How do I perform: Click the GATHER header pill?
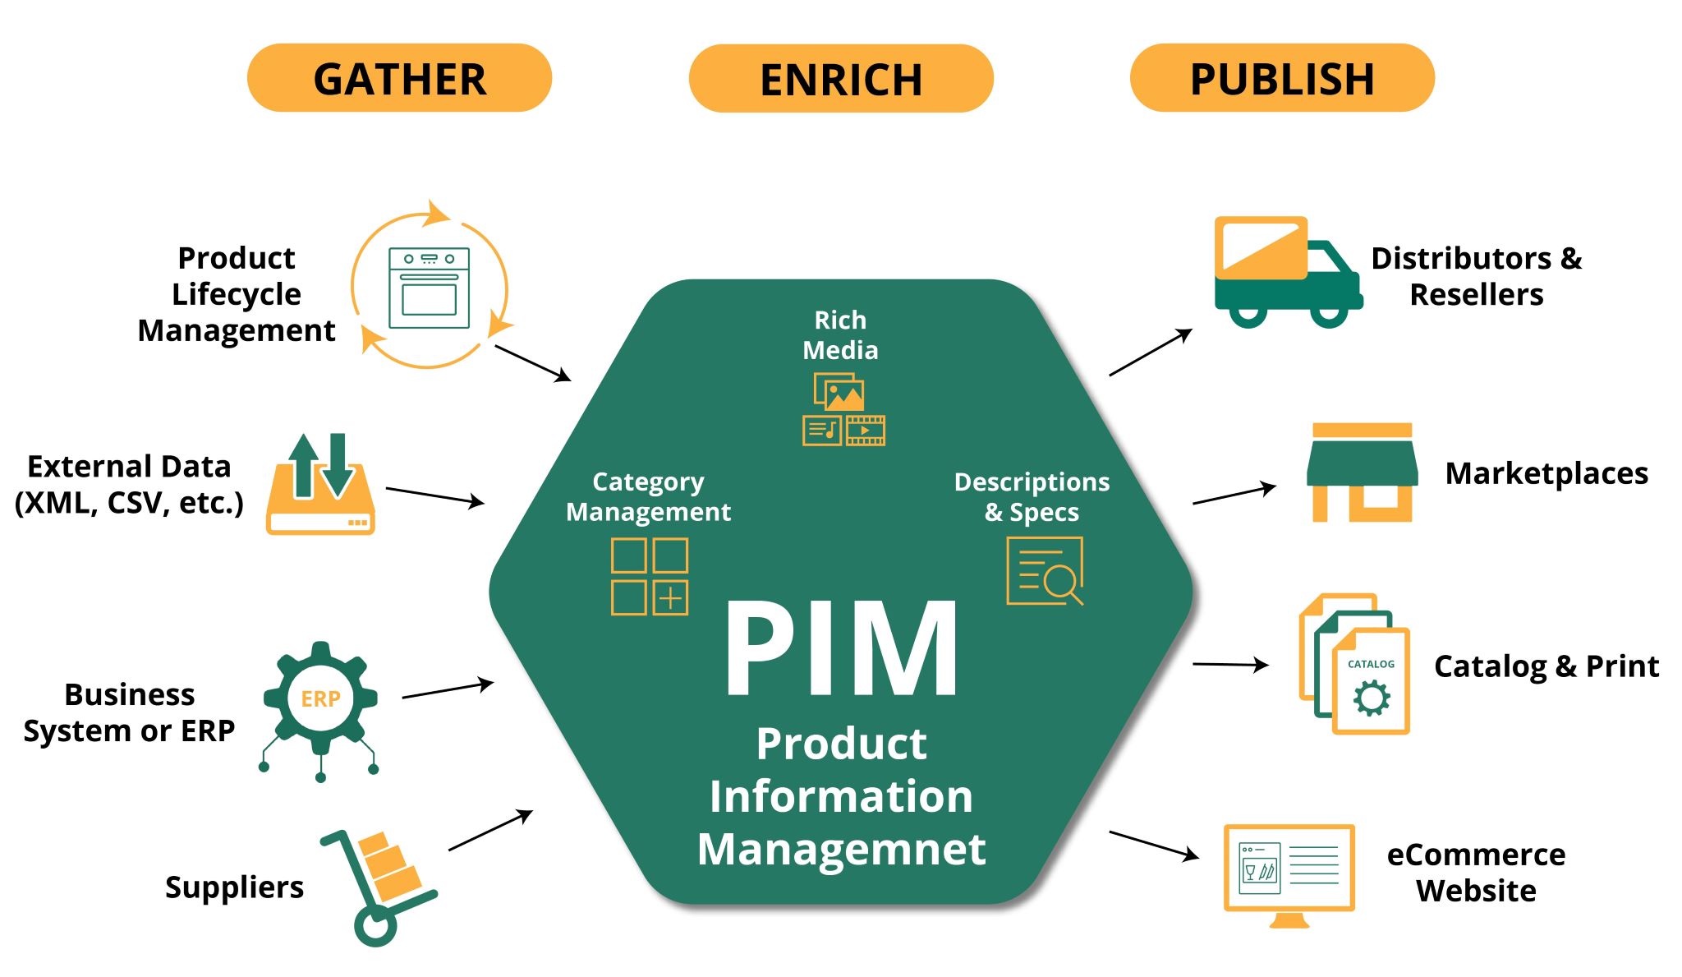(x=399, y=78)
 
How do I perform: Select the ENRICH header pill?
(x=841, y=78)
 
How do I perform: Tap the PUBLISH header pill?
(x=1282, y=78)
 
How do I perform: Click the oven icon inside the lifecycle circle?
(x=429, y=288)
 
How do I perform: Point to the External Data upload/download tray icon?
(x=320, y=485)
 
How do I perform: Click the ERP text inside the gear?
(x=320, y=698)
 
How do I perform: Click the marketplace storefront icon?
(x=1362, y=472)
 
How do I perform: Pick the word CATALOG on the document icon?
(x=1371, y=664)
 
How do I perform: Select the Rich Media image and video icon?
(x=843, y=409)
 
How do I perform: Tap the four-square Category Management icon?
(x=650, y=576)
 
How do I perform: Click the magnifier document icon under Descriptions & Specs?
(x=1045, y=570)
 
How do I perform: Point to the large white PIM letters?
(x=841, y=649)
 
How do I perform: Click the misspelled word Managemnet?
(x=841, y=849)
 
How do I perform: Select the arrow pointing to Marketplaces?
(x=1234, y=494)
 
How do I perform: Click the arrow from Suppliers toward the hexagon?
(x=490, y=830)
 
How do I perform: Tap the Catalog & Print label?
(x=1546, y=666)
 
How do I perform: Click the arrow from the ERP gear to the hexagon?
(x=448, y=689)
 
